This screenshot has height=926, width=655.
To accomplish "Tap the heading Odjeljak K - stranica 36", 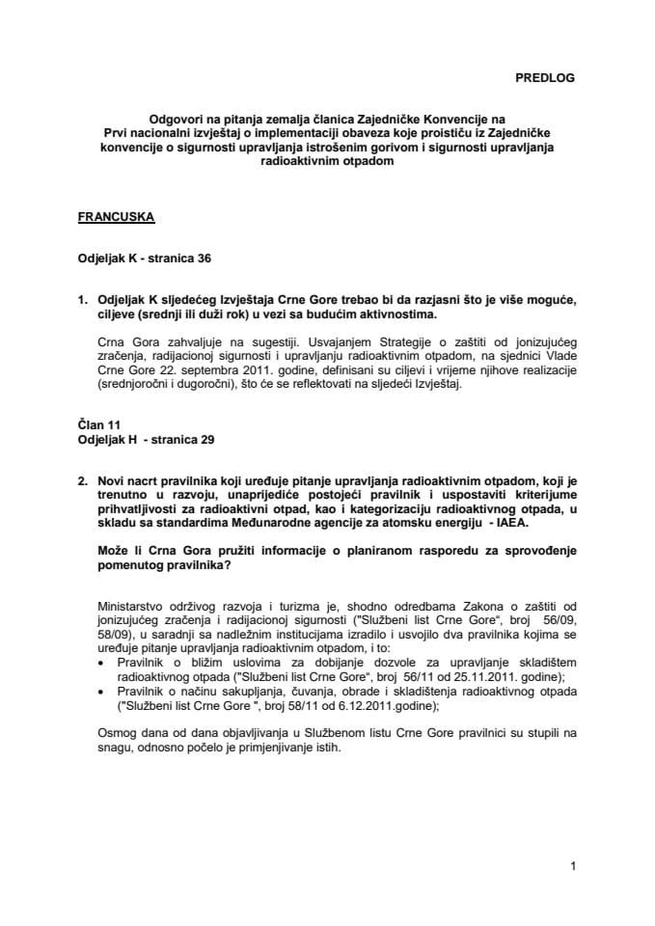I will click(x=144, y=259).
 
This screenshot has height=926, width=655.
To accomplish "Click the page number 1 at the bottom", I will click(x=573, y=867).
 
